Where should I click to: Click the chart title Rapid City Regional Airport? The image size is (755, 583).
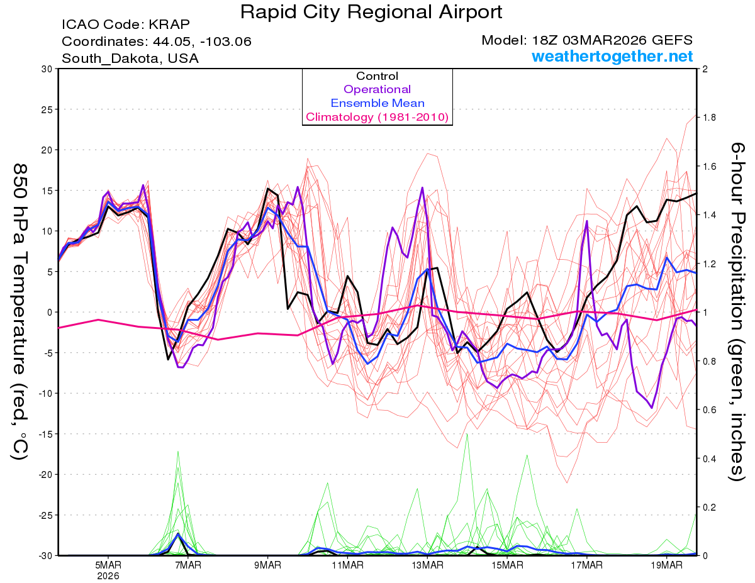371,12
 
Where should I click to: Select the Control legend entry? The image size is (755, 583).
377,76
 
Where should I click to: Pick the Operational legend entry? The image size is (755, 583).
377,90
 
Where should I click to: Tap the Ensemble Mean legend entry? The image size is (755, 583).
377,103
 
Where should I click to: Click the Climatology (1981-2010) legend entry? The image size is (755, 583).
377,117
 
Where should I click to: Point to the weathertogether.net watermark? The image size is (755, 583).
612,57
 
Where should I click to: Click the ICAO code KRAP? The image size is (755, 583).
168,25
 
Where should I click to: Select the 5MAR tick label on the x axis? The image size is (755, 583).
108,565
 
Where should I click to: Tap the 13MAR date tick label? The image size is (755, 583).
427,565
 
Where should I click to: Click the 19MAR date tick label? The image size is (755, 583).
667,565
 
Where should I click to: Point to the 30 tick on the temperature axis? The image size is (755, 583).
46,69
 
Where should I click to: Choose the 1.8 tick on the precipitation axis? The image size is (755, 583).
709,118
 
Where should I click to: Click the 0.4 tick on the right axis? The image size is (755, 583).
709,458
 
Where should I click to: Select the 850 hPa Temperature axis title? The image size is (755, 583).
20,311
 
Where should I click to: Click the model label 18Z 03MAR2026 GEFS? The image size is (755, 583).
586,40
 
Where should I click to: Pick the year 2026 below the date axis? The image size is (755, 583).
108,575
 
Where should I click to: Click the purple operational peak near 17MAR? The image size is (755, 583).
586,221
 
